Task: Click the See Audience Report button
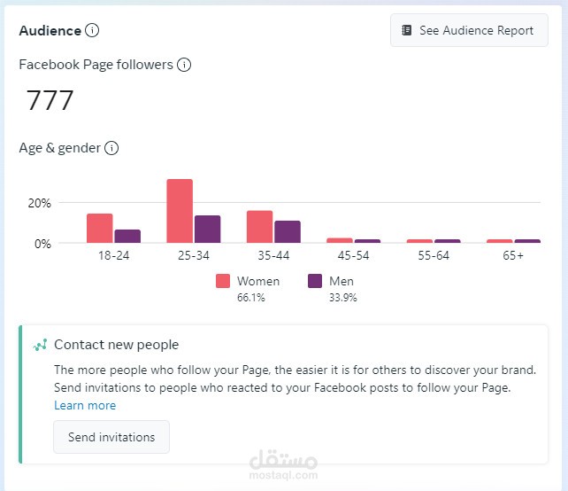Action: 469,30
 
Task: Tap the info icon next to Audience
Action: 92,30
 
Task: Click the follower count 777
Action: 50,100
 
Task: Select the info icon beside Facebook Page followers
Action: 184,65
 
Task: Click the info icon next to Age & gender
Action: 111,148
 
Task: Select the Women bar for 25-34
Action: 180,211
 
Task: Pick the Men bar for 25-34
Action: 207,229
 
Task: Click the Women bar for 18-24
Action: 99,228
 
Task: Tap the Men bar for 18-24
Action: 127,236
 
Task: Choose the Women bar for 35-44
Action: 259,226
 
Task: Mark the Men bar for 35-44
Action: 288,231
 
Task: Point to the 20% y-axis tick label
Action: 40,203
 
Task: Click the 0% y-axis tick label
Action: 42,244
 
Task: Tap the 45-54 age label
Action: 353,256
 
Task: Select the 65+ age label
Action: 513,256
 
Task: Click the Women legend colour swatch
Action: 223,281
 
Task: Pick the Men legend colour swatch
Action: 315,281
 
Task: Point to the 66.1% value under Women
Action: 250,298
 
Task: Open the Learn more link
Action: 85,405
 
